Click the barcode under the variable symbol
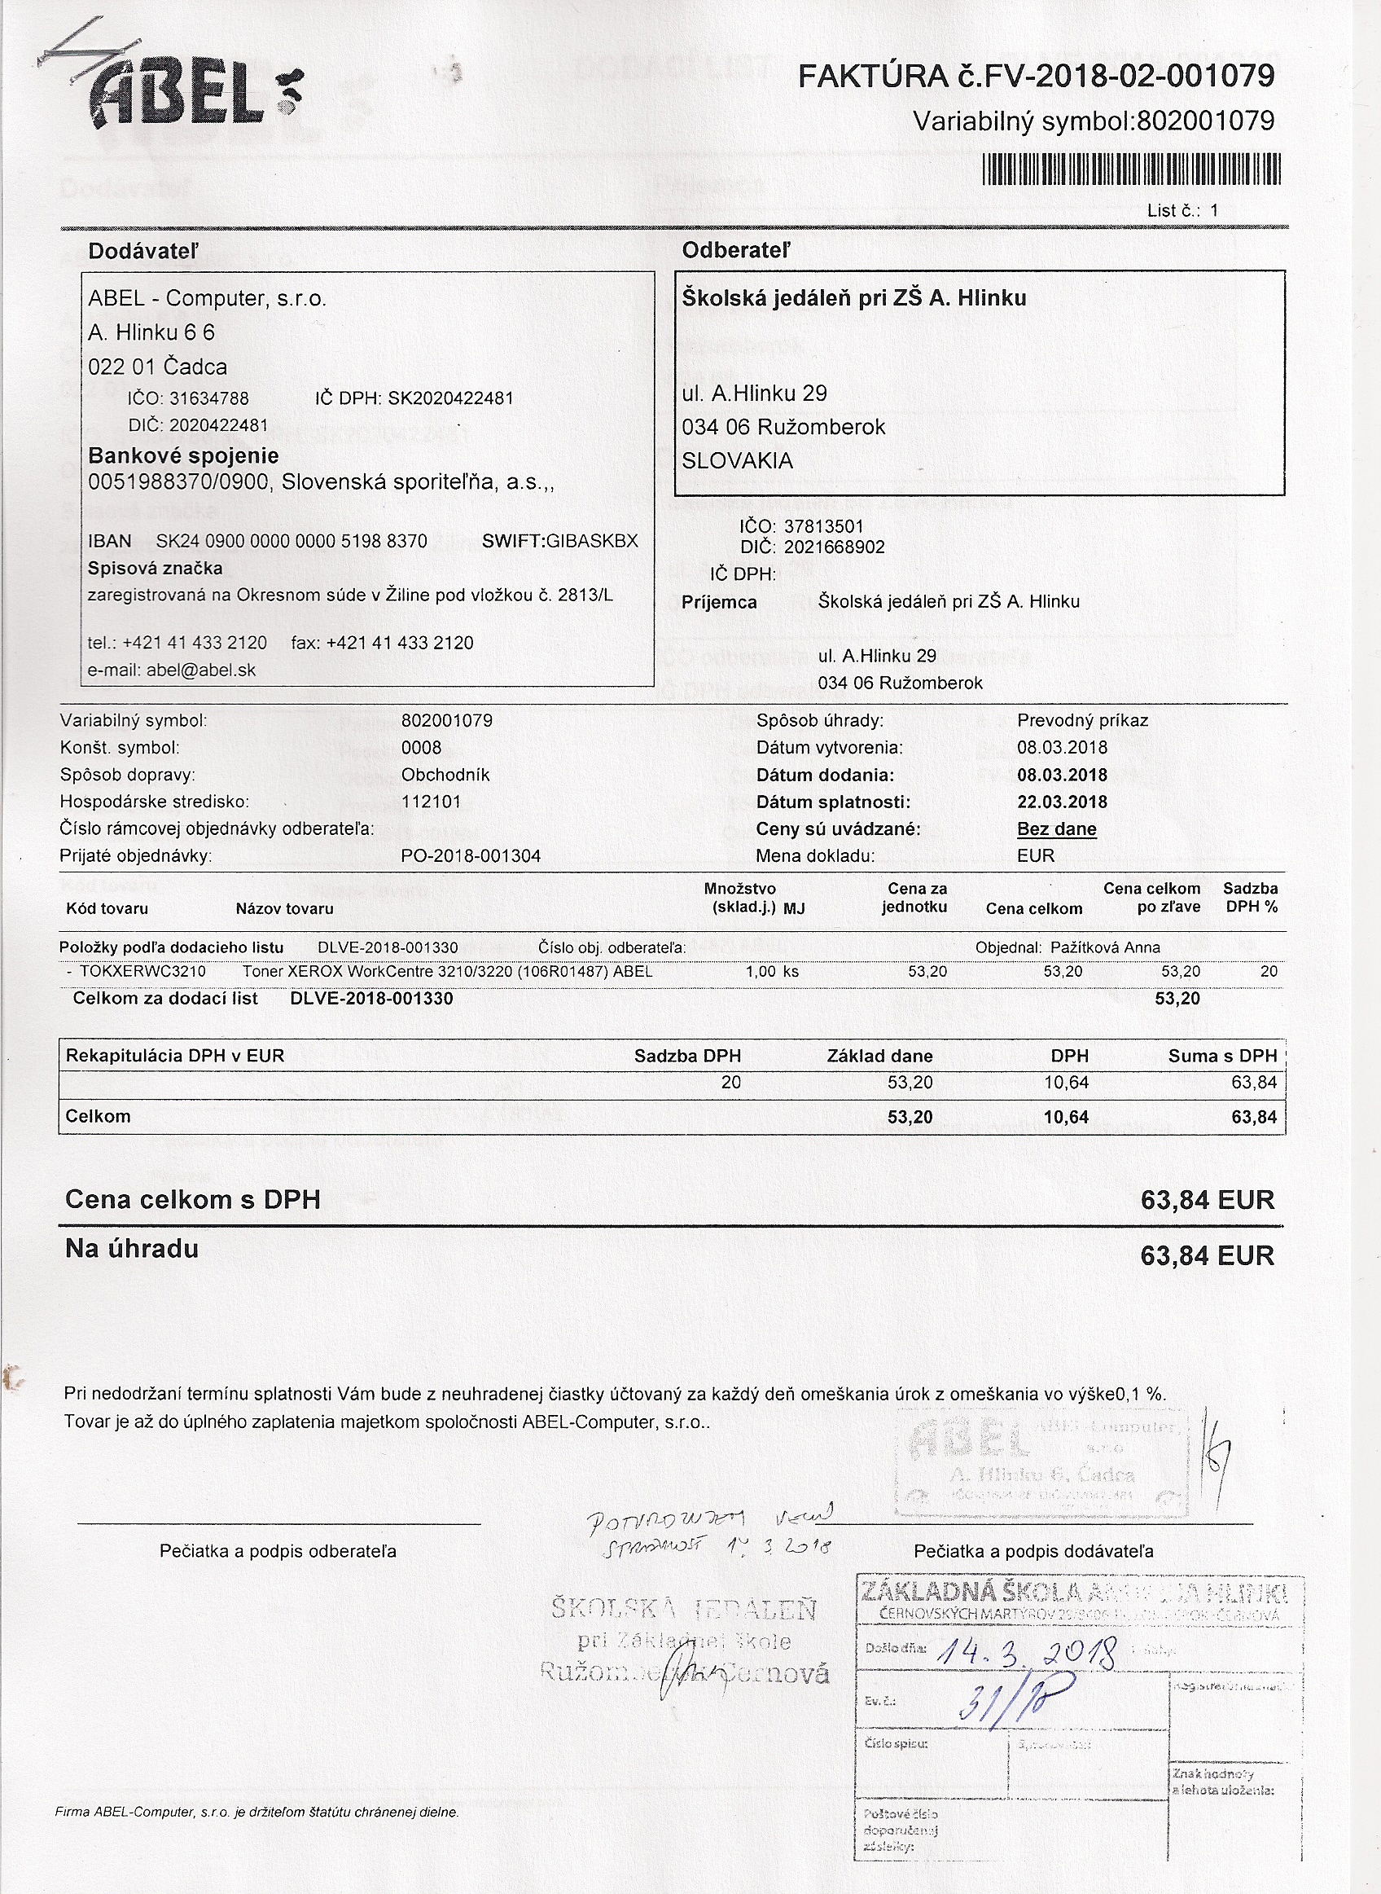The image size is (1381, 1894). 1133,169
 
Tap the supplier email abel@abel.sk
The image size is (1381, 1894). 200,670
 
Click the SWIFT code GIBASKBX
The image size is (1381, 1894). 592,541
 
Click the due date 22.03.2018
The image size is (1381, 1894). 1062,802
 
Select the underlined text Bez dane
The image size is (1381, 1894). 1057,828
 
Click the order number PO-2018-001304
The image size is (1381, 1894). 471,855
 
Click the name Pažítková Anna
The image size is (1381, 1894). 1105,947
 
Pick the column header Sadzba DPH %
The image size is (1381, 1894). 1250,897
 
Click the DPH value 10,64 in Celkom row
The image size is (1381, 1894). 1066,1117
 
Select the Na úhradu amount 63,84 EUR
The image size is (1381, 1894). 1206,1255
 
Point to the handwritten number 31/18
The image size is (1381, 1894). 1002,1701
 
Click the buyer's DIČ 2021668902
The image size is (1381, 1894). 834,547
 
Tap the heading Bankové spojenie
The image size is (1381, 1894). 183,455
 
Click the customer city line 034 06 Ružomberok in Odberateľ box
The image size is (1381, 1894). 783,427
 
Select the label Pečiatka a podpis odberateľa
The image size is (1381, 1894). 278,1551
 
